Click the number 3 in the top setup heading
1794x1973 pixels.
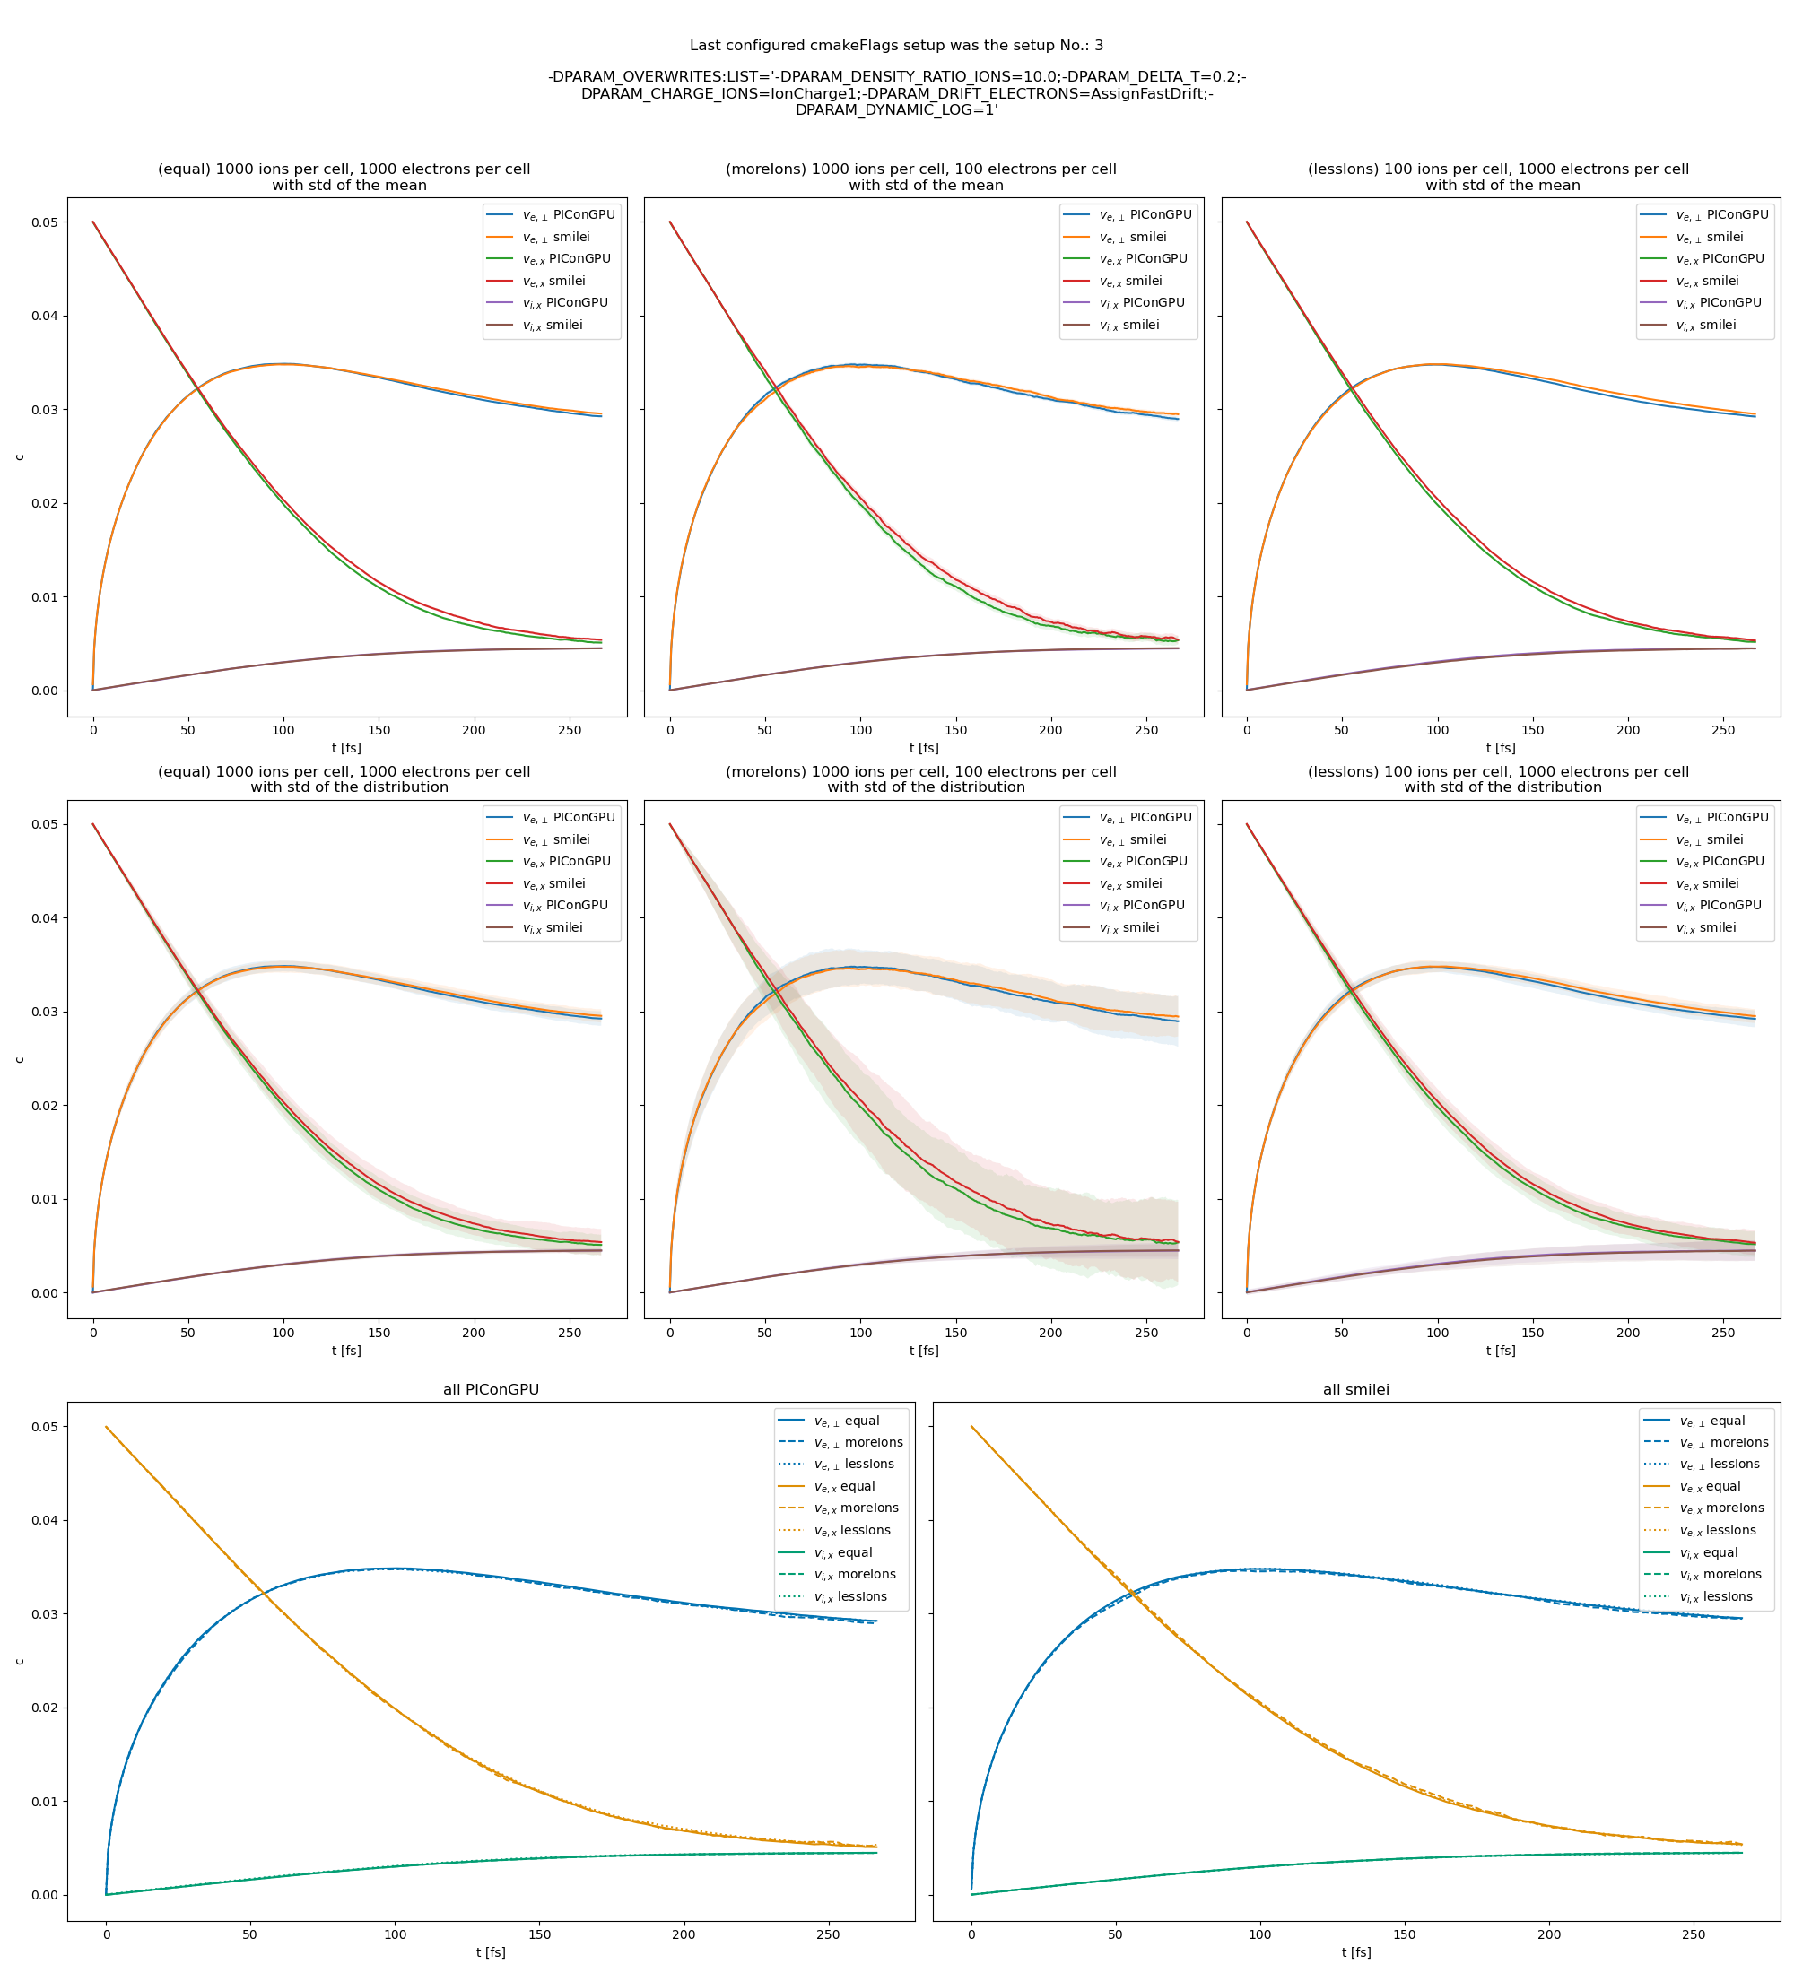(1099, 45)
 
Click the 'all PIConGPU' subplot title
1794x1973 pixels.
(491, 1390)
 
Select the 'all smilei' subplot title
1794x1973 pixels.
(1355, 1390)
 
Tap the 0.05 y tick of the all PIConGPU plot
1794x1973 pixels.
(44, 1427)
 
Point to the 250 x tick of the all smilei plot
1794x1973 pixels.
(1694, 1934)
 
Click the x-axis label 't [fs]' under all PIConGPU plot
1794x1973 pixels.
(491, 1952)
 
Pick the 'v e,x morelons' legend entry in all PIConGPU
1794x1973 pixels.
(856, 1508)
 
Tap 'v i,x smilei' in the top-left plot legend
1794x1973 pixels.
(552, 325)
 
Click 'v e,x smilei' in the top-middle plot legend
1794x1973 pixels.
(1129, 281)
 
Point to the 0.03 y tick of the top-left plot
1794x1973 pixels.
(44, 410)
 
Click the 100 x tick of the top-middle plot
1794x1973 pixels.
(860, 730)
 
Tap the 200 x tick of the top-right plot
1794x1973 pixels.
(1628, 730)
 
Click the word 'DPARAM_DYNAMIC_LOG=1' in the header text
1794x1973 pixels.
(895, 109)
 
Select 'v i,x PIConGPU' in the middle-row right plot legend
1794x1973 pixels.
(1718, 905)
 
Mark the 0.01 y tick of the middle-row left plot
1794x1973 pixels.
(44, 1199)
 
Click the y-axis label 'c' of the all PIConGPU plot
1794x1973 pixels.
(20, 1661)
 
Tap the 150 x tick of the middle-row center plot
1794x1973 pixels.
(955, 1332)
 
